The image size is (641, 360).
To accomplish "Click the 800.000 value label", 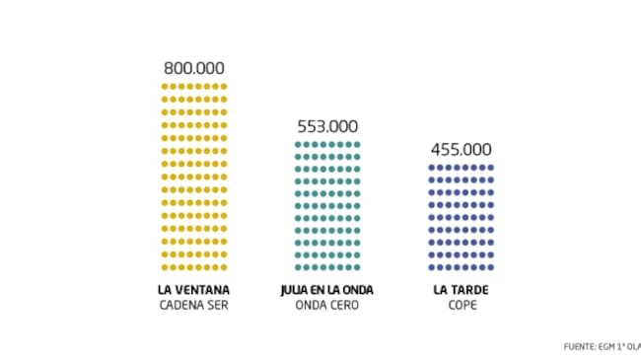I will point(194,69).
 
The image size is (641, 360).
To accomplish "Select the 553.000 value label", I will point(327,126).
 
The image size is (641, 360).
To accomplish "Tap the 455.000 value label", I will point(461,150).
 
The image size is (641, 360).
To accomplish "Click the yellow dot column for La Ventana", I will point(194,177).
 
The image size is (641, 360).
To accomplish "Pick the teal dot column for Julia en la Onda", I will point(327,206).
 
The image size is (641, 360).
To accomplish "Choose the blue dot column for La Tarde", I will point(461,217).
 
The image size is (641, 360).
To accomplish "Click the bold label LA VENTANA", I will point(194,290).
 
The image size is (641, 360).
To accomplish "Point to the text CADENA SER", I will point(194,305).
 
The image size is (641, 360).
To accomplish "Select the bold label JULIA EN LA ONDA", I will point(327,290).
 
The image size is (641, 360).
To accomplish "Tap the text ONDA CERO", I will point(327,305).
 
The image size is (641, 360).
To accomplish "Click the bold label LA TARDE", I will point(461,290).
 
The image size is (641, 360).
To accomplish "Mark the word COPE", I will point(461,305).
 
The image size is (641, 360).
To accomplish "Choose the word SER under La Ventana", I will point(218,305).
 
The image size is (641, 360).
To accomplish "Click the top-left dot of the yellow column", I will point(165,87).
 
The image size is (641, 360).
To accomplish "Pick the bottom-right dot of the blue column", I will point(490,267).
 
